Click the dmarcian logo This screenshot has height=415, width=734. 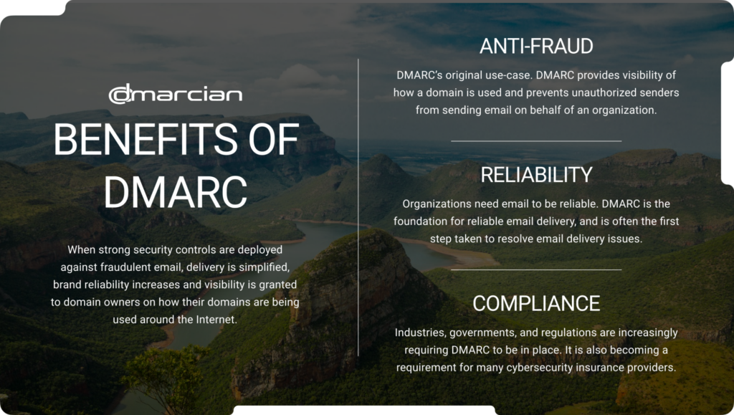(x=176, y=94)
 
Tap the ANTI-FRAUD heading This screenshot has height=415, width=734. (x=536, y=47)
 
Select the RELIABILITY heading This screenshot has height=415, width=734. (x=536, y=175)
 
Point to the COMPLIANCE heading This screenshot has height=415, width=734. (x=536, y=304)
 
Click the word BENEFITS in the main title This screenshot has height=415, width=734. (x=146, y=139)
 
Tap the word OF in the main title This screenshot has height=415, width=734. (x=274, y=139)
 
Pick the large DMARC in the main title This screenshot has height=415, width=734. (x=176, y=192)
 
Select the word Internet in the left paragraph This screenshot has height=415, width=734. (x=215, y=320)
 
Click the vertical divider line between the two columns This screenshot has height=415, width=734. (x=358, y=207)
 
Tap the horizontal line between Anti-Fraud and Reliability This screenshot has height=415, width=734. (x=536, y=140)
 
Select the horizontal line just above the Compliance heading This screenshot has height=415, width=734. (x=536, y=269)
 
